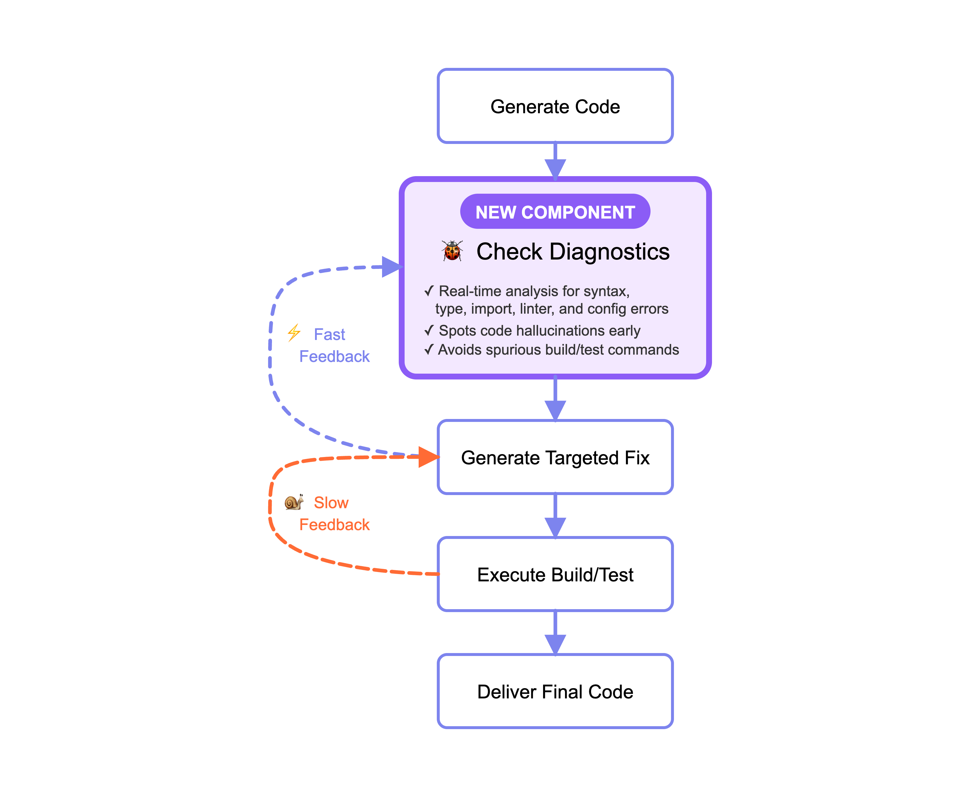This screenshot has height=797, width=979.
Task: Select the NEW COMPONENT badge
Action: [x=555, y=212]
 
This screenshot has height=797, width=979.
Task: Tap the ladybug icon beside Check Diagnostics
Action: [x=452, y=251]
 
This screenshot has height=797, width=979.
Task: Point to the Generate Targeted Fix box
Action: [x=555, y=457]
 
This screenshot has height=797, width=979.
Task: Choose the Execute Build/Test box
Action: [x=555, y=574]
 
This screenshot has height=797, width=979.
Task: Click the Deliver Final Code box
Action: [x=555, y=691]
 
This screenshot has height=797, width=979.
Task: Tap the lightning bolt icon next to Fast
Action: [x=294, y=333]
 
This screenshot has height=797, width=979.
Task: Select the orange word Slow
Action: [x=331, y=503]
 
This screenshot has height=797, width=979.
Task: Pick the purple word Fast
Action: [x=329, y=334]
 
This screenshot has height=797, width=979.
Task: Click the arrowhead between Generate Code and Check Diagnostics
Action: [x=555, y=169]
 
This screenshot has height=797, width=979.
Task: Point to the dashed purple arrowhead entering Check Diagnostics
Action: [x=392, y=267]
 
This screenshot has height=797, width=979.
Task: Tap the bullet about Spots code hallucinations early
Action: [x=539, y=331]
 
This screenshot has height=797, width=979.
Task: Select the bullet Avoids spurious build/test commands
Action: [x=558, y=350]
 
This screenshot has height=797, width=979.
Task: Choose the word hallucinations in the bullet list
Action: [x=560, y=331]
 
